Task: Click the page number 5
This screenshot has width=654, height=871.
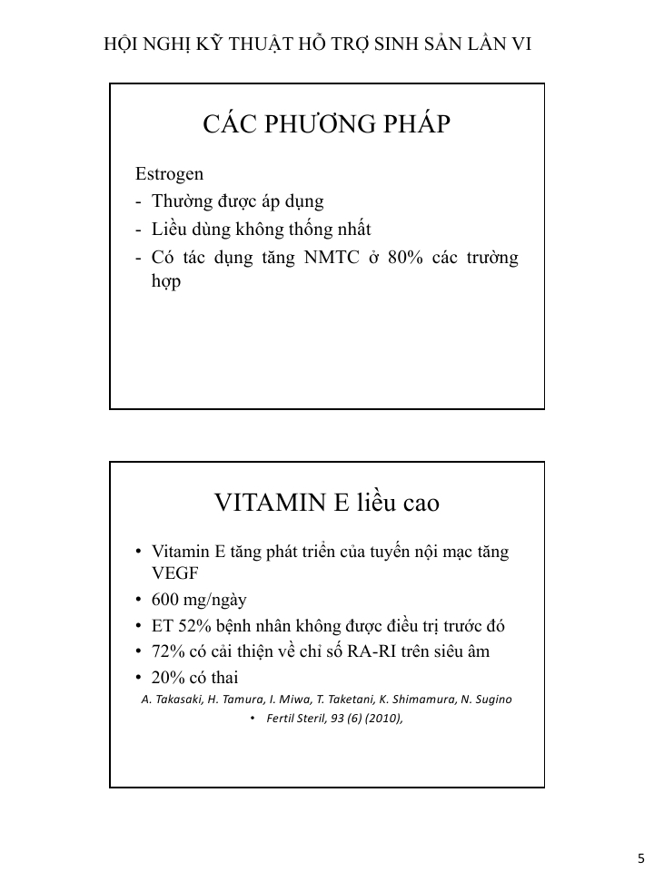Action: tap(640, 858)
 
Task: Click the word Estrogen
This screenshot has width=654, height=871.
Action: tap(169, 173)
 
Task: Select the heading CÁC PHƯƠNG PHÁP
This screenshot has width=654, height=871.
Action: tap(327, 124)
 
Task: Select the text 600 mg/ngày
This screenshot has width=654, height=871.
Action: tap(199, 600)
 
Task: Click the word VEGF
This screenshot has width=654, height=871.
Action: tap(174, 573)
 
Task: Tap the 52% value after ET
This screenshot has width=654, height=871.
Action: tap(193, 626)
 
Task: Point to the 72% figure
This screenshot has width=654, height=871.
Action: tap(170, 651)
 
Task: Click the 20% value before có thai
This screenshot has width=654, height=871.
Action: tap(170, 678)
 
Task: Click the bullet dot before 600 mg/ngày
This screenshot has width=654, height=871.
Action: tap(138, 601)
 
